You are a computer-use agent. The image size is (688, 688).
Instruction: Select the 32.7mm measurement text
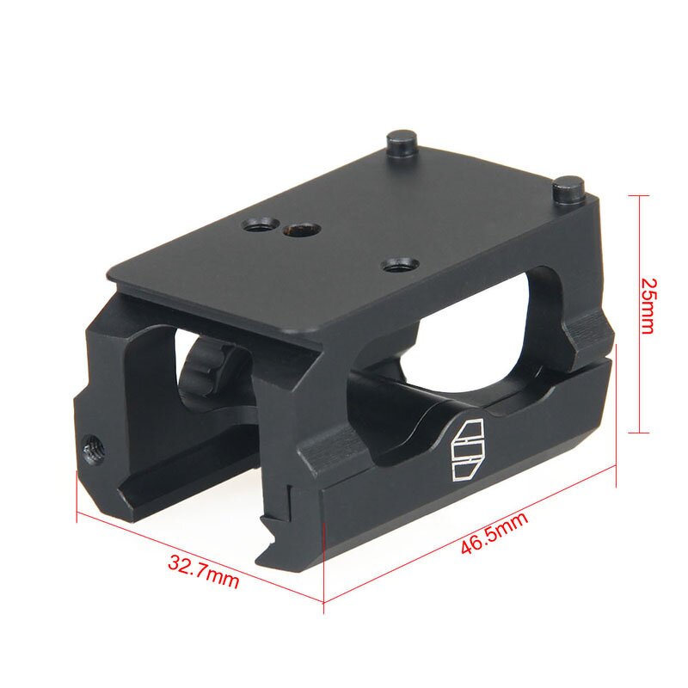click(x=203, y=573)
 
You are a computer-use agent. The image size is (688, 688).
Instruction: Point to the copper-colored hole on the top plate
click(x=298, y=230)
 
